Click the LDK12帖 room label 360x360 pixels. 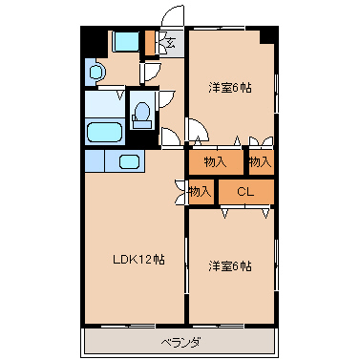point(138,260)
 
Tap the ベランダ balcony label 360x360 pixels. point(180,343)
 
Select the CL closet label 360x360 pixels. point(245,192)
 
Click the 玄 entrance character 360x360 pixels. point(171,42)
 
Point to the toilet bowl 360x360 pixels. point(141,116)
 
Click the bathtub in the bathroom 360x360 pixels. point(105,133)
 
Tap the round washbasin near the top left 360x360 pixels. point(95,72)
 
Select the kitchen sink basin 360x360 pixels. point(130,161)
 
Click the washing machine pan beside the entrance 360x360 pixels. point(125,41)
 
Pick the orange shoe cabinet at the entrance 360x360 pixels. point(150,43)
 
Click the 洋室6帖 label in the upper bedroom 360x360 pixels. point(230,87)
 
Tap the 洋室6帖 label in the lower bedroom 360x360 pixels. point(230,265)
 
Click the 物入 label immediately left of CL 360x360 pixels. point(200,192)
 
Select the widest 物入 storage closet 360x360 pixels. point(217,162)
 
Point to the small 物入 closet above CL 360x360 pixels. point(261,162)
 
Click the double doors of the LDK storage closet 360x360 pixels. point(180,192)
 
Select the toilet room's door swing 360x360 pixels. point(166,99)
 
